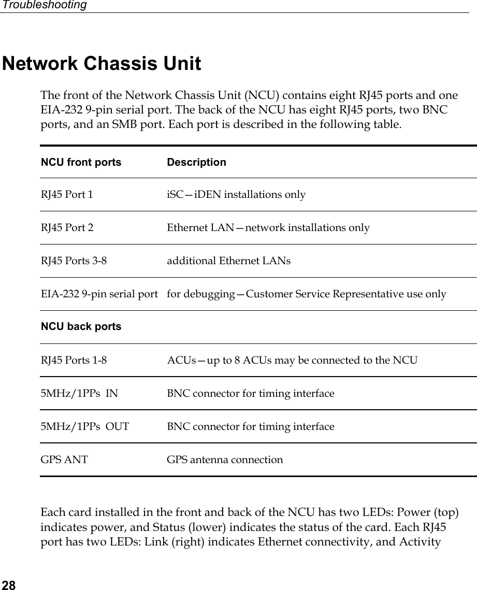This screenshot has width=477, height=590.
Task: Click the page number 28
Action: [x=8, y=585]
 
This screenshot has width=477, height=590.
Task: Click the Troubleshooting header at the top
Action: [x=44, y=5]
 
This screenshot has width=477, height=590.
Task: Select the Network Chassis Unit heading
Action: [x=102, y=64]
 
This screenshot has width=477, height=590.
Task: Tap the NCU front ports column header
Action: [x=81, y=162]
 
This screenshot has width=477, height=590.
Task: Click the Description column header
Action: [x=196, y=162]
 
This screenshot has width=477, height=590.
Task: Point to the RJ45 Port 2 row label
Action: [x=67, y=227]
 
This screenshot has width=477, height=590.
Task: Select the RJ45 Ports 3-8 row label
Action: [x=74, y=261]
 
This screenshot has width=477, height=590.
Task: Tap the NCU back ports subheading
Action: [x=81, y=326]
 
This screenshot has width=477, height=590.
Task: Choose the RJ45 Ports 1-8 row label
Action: [x=74, y=360]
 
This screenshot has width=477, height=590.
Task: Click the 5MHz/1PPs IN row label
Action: [x=79, y=393]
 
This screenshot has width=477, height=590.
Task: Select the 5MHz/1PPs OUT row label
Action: [x=85, y=427]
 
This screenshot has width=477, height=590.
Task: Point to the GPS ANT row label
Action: [x=64, y=459]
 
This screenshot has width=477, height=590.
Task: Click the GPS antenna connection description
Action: [x=225, y=459]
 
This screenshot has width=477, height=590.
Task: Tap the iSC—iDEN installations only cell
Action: [x=236, y=195]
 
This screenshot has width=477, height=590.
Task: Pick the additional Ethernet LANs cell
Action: [x=228, y=261]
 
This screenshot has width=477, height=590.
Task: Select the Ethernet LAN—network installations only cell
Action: [x=268, y=227]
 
